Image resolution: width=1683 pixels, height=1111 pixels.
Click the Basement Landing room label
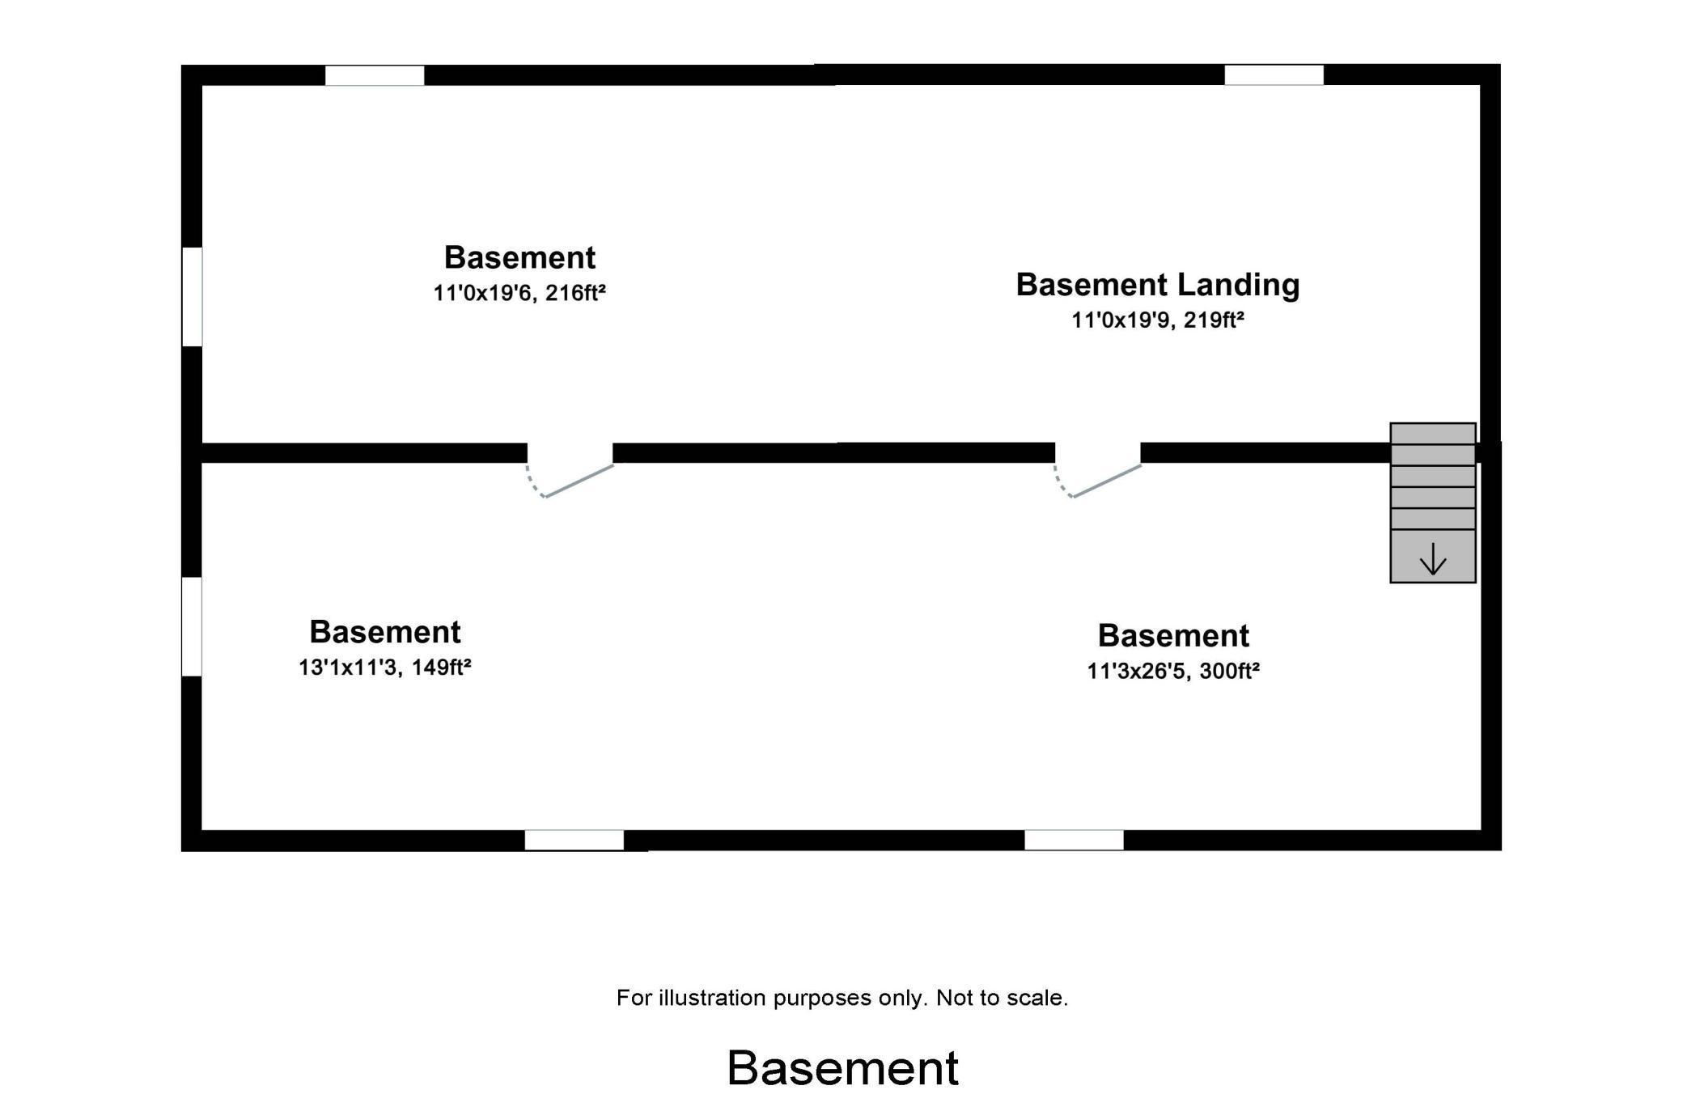click(1157, 285)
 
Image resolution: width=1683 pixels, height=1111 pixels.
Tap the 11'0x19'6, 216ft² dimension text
click(519, 293)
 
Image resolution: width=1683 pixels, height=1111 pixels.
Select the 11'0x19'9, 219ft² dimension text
click(1157, 320)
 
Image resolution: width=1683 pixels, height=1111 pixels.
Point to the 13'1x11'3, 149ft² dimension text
click(384, 668)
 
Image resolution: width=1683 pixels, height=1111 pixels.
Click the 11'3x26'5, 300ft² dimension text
click(1172, 672)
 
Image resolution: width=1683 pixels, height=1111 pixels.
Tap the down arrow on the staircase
click(1432, 558)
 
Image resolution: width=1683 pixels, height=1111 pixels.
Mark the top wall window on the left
click(375, 75)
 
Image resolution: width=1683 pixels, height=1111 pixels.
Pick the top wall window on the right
click(1274, 75)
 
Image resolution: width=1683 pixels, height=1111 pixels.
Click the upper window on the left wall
click(192, 296)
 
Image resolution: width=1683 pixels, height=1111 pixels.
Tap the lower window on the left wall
click(192, 626)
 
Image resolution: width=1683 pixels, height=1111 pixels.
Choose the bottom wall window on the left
click(574, 840)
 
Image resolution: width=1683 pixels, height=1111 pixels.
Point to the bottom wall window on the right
click(1074, 840)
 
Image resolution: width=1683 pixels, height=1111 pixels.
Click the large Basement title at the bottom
click(842, 1068)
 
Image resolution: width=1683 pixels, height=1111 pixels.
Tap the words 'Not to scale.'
click(1002, 998)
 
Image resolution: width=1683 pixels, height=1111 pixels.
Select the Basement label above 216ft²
click(519, 257)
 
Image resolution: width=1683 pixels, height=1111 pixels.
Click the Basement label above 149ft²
click(384, 631)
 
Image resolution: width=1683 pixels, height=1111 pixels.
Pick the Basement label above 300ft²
click(1172, 636)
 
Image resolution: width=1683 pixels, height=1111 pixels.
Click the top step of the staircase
click(1432, 433)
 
